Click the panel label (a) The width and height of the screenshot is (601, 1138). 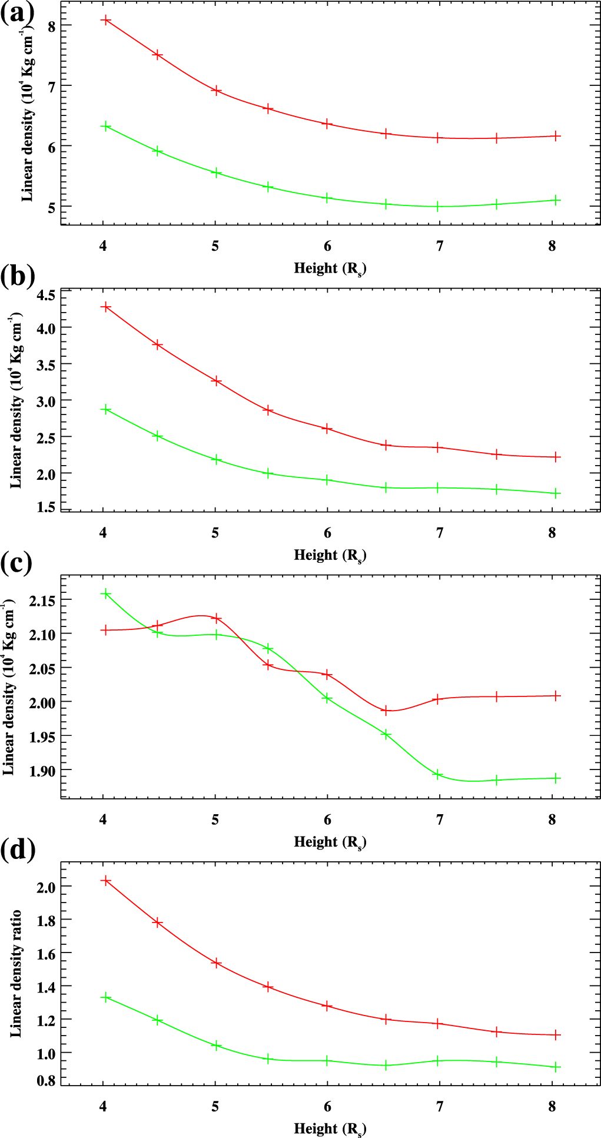coord(18,13)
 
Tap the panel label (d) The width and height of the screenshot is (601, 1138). coord(18,849)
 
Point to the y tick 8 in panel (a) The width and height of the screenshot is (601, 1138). coord(51,26)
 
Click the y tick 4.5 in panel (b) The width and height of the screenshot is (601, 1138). coord(45,295)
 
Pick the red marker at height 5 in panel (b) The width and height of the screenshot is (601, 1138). coord(217,381)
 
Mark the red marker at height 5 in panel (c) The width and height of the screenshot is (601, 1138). coord(217,618)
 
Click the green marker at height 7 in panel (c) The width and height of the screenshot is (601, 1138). coord(437,774)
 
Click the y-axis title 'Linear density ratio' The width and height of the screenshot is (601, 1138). coord(16,973)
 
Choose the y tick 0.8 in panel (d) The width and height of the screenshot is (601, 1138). coord(45,1080)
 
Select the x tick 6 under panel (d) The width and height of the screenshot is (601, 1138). coord(327,1106)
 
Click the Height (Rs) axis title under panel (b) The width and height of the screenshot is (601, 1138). coord(330,555)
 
